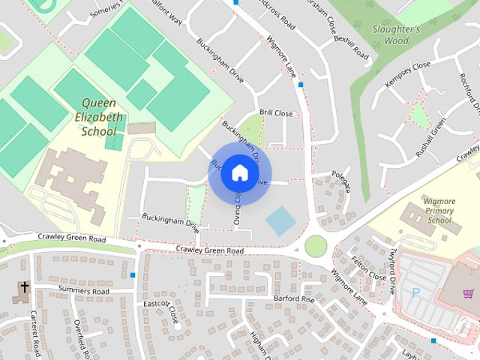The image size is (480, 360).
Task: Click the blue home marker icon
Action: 239,173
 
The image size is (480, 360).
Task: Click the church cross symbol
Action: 23,287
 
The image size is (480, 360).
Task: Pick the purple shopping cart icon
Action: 469,293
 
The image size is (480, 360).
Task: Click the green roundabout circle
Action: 316,245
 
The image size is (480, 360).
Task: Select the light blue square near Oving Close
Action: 280,220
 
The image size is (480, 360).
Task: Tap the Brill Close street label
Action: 275,113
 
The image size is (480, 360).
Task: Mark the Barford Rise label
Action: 293,298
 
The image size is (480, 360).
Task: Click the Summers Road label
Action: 82,291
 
